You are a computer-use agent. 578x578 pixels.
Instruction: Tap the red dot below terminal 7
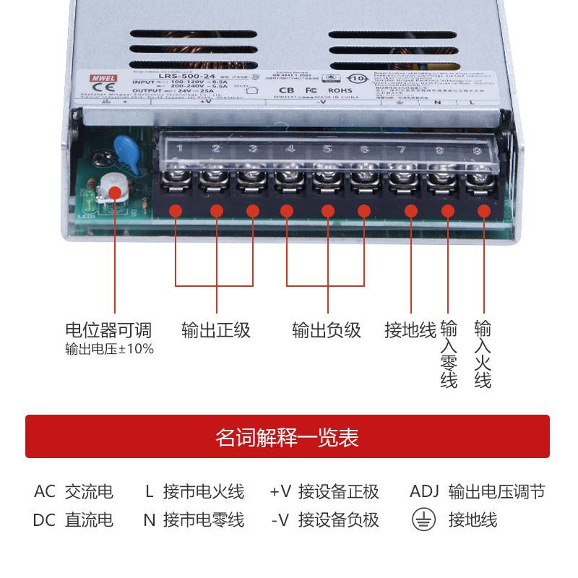[x=411, y=210]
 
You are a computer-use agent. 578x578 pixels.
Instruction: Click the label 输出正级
[x=216, y=330]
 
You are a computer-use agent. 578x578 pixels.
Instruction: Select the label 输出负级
[x=327, y=330]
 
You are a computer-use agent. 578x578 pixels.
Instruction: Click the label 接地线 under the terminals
[x=410, y=330]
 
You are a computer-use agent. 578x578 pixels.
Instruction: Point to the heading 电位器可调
[x=109, y=330]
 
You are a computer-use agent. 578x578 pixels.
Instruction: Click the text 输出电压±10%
[x=109, y=350]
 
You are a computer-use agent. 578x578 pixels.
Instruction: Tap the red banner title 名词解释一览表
[x=288, y=437]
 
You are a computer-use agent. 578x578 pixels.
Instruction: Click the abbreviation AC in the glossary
[x=45, y=492]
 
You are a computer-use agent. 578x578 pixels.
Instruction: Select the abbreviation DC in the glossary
[x=45, y=519]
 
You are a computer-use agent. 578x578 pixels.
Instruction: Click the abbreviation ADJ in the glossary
[x=424, y=492]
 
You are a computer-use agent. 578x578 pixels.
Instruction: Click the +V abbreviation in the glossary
[x=280, y=492]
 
